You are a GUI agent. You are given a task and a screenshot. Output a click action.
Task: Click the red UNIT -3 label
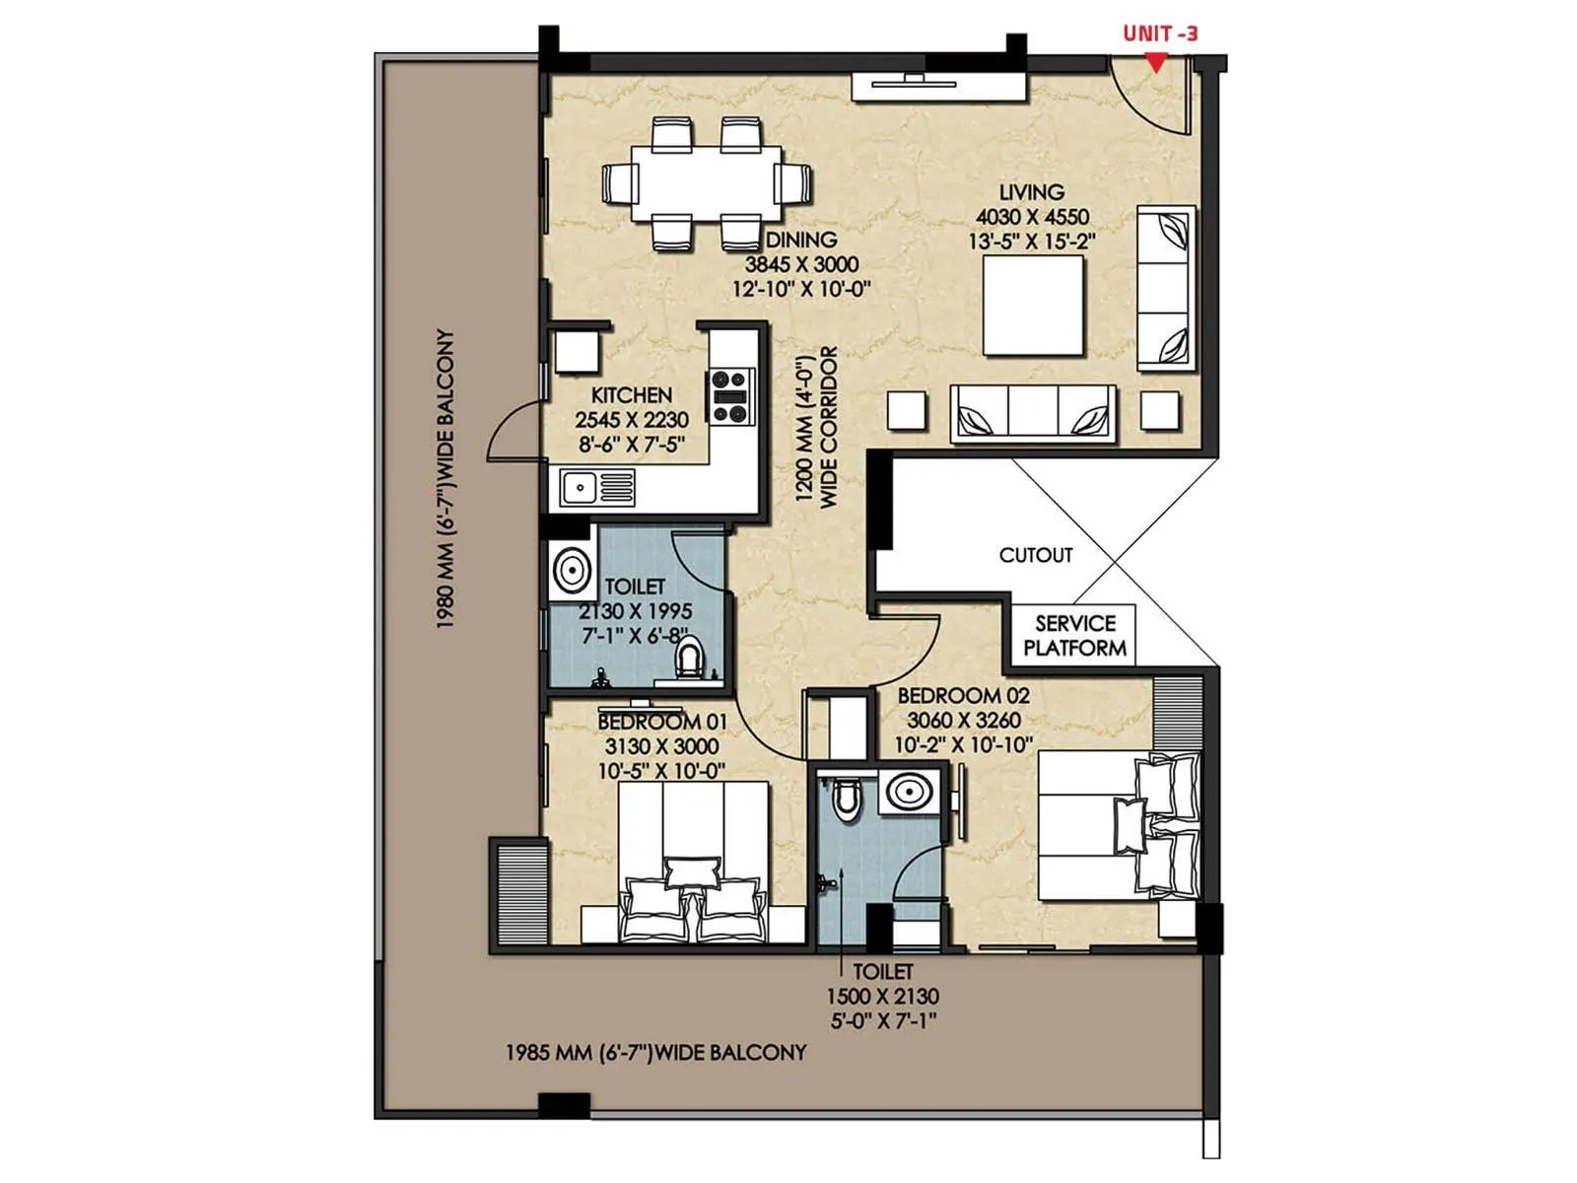[x=1160, y=33]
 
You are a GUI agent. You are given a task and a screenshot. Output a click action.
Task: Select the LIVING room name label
[x=1031, y=192]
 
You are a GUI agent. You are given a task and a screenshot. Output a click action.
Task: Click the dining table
[x=707, y=183]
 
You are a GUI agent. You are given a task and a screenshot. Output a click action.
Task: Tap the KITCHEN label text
[x=631, y=394]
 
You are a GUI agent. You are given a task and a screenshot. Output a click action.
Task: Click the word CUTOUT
[x=1035, y=555]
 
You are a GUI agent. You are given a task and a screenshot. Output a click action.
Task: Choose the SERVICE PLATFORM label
[x=1074, y=636]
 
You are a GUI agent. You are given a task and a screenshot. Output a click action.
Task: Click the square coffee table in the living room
[x=1033, y=306]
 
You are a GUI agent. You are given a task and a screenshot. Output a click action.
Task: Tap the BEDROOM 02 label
[x=963, y=695]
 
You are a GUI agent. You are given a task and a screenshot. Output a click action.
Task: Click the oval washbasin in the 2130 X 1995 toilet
[x=572, y=570]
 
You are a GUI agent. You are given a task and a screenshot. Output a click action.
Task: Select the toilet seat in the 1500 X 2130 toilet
[x=846, y=800]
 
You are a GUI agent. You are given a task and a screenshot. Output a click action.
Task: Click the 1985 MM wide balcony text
[x=655, y=1052]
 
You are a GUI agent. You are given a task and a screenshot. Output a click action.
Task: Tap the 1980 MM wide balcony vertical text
[x=446, y=479]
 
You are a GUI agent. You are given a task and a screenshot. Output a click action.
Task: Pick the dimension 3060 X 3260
[x=963, y=721]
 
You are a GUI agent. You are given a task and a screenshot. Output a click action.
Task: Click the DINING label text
[x=801, y=240]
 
